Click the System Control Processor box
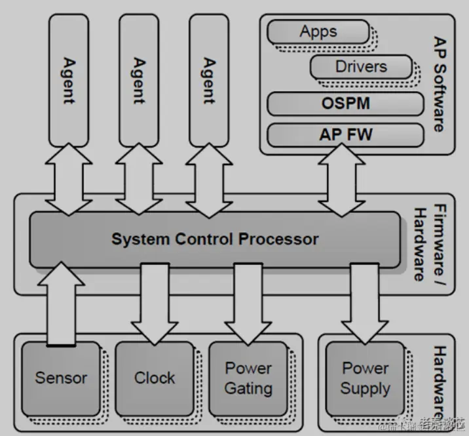coord(215,239)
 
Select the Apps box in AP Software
coord(318,31)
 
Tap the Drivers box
coord(361,66)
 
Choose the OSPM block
coord(345,104)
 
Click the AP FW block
coord(345,135)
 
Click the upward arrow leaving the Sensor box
coord(61,302)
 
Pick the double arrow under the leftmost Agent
coord(69,180)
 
